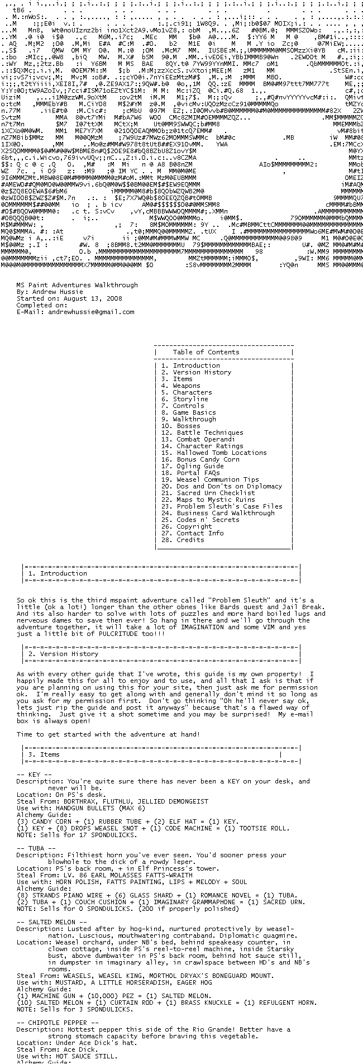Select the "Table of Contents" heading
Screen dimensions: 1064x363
point(206,352)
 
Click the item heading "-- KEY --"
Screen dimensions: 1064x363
point(34,775)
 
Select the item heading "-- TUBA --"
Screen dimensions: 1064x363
point(36,848)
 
